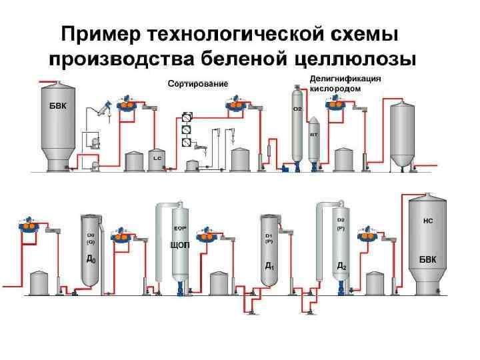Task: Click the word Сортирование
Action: pos(197,84)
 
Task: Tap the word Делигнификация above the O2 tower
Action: pos(345,78)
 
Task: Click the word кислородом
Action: pos(336,87)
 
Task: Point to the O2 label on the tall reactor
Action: pos(297,109)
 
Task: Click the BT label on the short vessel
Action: pos(313,134)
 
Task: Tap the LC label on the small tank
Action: pos(157,159)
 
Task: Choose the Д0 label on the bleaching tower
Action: pos(91,259)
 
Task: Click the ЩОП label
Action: pos(181,245)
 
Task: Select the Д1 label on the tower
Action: pos(269,265)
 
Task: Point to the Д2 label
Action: pos(341,265)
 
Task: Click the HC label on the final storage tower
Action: pos(428,219)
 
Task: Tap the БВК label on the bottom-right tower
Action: pos(427,258)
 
